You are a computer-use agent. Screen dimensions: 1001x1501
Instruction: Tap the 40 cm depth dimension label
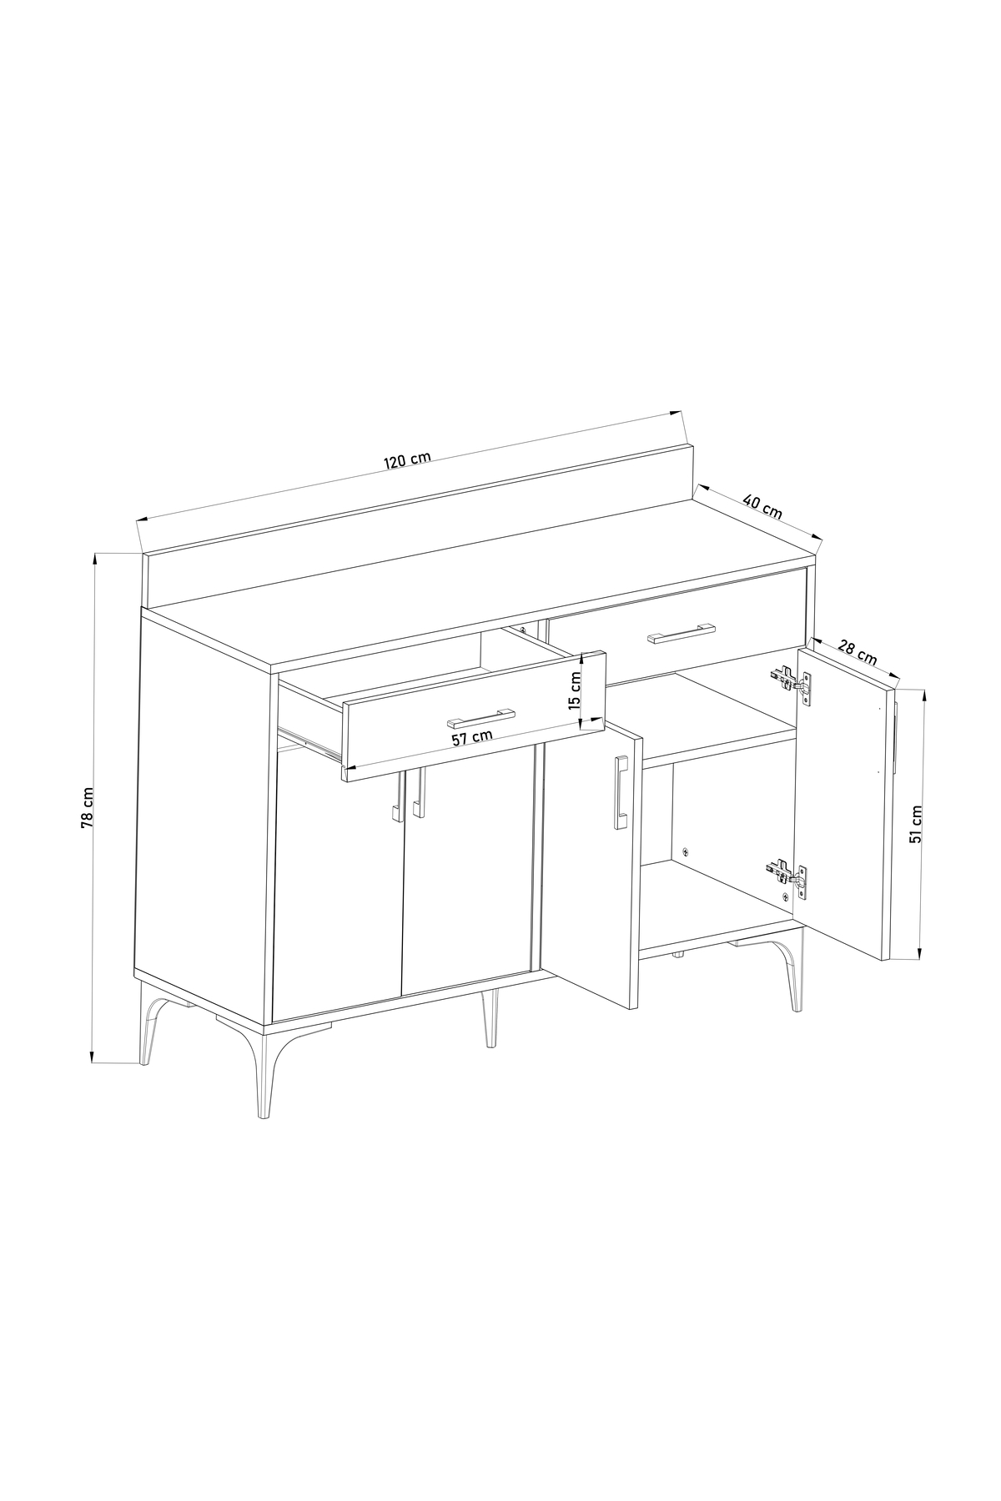point(762,507)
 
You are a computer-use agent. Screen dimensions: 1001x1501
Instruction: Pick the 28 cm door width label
point(857,651)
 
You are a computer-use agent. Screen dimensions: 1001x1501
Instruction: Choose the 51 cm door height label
point(916,825)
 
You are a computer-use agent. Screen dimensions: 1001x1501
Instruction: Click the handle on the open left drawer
point(481,716)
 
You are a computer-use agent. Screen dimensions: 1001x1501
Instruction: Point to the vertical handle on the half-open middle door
point(621,792)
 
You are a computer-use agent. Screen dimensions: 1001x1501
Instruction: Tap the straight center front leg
point(490,1018)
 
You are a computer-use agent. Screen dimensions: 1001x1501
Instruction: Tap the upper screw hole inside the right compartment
point(685,851)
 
